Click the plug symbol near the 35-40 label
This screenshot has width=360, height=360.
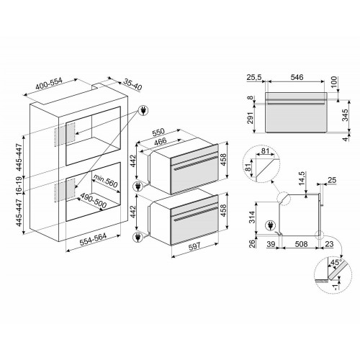tap(142, 110)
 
